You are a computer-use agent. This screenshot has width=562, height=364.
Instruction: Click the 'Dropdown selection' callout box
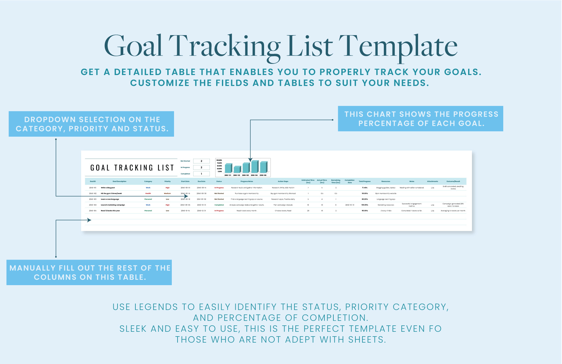(91, 124)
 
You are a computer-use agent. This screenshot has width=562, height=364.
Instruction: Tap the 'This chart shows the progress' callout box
(421, 118)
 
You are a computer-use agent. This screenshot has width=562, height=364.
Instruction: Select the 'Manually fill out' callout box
(89, 272)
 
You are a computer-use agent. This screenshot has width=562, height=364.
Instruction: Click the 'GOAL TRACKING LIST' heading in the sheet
(132, 168)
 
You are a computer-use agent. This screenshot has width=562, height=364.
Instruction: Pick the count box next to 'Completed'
(201, 174)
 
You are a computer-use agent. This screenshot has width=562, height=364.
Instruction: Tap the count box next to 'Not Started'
(201, 161)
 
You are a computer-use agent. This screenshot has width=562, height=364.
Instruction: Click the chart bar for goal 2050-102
(237, 169)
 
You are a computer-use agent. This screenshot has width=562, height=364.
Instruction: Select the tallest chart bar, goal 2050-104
(254, 166)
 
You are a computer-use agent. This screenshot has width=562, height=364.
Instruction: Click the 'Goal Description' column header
(119, 181)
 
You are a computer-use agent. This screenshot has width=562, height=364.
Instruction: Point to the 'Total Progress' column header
(365, 181)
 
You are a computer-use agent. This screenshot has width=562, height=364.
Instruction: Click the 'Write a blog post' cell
(108, 188)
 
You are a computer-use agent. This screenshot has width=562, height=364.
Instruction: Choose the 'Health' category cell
(148, 193)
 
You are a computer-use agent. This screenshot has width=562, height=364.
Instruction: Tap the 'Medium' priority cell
(167, 193)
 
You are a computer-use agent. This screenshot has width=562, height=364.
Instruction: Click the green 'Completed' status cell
(219, 205)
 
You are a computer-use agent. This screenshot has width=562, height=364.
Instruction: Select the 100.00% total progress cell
(365, 205)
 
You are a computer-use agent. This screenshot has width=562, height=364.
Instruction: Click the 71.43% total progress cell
(365, 188)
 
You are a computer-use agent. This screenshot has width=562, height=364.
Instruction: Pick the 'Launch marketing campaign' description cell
(113, 205)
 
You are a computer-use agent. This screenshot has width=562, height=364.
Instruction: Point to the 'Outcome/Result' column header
(453, 181)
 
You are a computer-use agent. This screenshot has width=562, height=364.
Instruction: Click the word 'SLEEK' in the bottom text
(133, 329)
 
